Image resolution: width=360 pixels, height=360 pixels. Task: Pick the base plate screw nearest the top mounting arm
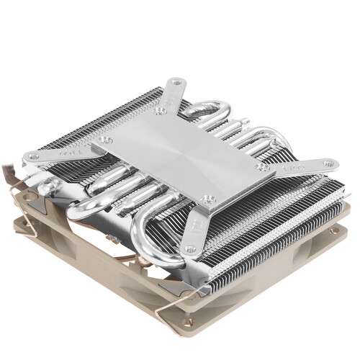click(x=160, y=112)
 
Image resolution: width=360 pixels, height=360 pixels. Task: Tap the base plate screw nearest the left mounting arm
click(x=104, y=140)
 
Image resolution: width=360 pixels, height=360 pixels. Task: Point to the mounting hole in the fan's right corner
click(x=333, y=232)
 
